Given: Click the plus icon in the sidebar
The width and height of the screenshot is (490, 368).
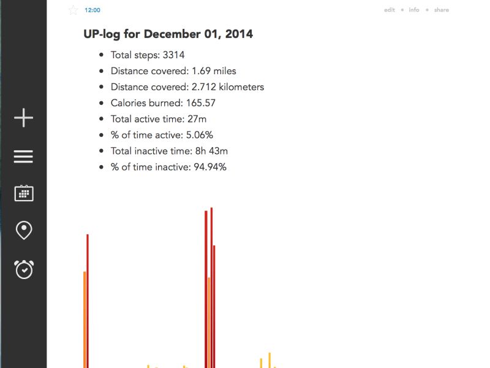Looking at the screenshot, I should coord(23,118).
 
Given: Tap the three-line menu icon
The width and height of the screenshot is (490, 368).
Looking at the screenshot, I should coord(23,157).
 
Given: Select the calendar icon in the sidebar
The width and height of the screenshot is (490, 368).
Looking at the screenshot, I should coord(23,193).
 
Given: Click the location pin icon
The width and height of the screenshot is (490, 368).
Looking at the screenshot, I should coord(23,231).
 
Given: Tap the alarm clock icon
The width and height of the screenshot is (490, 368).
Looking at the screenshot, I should coord(24,269).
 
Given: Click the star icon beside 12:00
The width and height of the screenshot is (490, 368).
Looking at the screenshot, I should coord(73,10).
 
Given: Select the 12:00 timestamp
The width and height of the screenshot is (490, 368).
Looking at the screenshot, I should coord(92,10).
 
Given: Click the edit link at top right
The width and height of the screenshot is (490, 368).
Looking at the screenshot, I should coord(390,10).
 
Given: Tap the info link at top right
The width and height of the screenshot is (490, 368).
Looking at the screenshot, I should coord(414,10).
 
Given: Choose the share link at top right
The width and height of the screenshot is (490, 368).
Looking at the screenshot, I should coord(441,10).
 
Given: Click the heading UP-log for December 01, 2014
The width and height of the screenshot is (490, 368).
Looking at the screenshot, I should coord(168,34).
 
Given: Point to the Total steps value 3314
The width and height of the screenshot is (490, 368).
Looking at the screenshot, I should coord(173,55).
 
